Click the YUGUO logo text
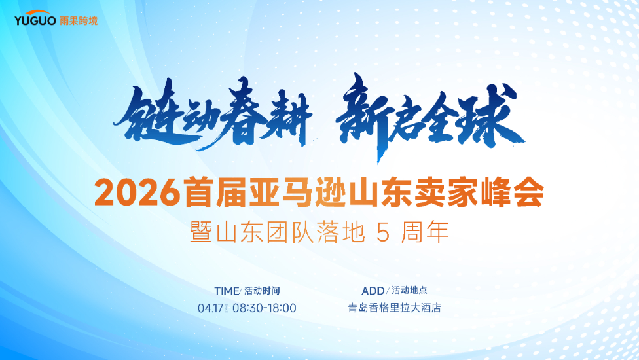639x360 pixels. point(35,20)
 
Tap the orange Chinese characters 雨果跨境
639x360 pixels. point(78,20)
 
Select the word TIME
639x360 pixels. point(227,291)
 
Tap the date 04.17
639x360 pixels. point(210,308)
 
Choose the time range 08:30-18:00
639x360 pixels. point(264,308)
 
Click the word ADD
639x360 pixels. point(373,291)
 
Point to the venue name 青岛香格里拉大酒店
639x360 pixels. point(394,308)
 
